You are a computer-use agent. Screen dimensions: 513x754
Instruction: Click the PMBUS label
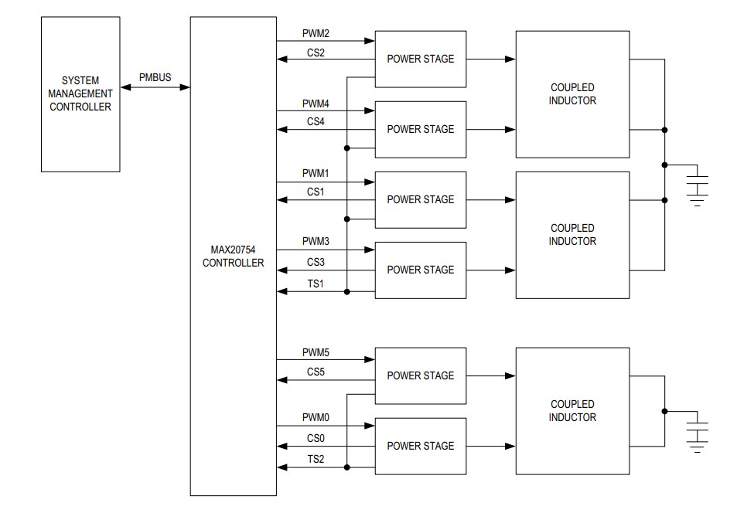coord(155,78)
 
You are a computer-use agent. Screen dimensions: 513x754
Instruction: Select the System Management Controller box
coord(80,94)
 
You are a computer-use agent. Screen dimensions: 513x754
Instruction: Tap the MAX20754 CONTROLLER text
coord(233,256)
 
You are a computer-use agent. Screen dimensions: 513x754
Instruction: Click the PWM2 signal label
coord(316,34)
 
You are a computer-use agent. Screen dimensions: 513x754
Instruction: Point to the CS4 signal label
coord(316,121)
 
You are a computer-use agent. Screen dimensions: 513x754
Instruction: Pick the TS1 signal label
coord(316,284)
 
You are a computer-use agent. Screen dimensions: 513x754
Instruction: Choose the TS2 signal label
coord(316,460)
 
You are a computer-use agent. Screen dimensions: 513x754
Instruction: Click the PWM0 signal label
coord(316,417)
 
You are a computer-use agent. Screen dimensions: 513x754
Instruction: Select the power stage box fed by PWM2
coord(421,59)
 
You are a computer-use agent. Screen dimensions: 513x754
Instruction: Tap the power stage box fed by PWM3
coord(421,270)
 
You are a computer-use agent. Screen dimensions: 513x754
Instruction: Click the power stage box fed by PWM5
coord(421,375)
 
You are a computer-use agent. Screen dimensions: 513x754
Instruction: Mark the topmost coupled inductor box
coord(572,94)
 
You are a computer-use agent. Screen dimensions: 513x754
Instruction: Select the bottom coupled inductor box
coord(572,411)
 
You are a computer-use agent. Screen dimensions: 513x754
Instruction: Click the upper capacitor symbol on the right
coord(698,186)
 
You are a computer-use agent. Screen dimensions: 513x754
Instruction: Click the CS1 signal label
coord(316,192)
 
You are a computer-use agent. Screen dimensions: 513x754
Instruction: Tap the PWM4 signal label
coord(316,104)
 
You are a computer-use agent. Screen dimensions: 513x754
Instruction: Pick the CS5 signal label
coord(316,372)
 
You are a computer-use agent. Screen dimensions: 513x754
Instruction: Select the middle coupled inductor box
coord(572,235)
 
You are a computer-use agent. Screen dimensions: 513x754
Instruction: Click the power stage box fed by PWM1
coord(421,199)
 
